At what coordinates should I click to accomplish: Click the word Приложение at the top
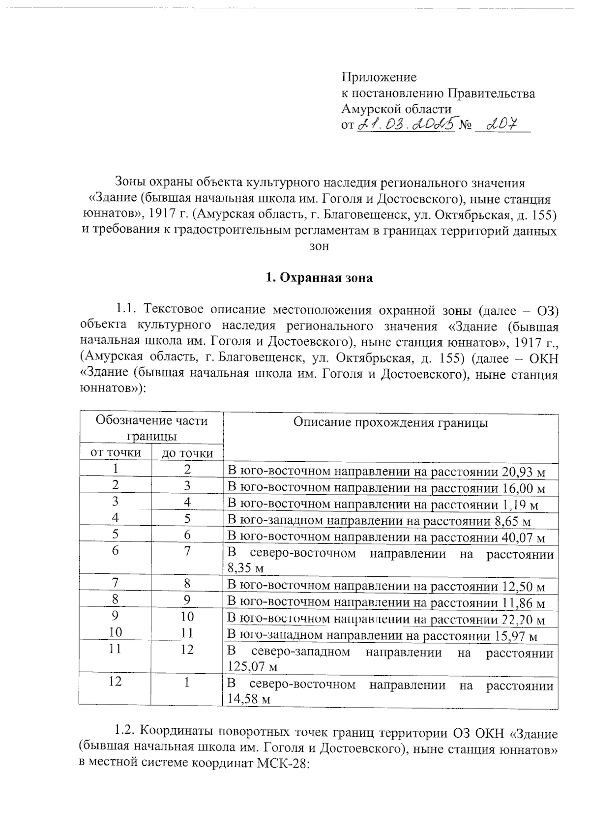click(379, 77)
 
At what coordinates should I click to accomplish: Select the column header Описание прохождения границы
click(390, 423)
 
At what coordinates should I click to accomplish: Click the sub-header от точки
click(115, 452)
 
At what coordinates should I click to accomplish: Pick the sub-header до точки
click(187, 453)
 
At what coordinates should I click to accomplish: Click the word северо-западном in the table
click(300, 653)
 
